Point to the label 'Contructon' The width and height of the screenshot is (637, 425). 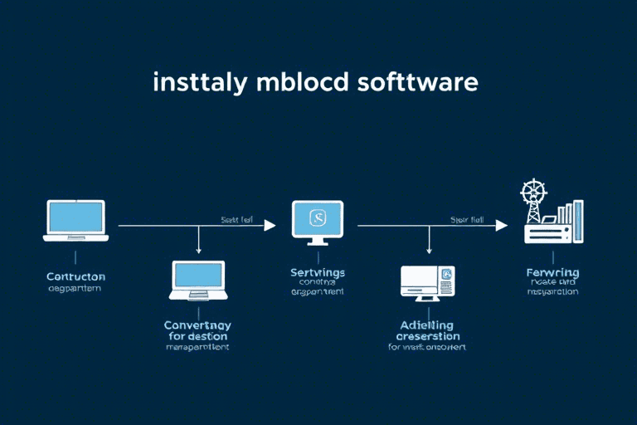click(75, 276)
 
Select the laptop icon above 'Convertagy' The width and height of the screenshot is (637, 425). click(197, 280)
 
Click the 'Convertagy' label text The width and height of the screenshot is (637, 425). click(197, 325)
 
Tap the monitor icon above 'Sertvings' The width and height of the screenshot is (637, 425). click(318, 222)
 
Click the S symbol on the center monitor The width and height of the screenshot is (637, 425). click(318, 217)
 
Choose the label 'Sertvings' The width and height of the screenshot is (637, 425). click(318, 272)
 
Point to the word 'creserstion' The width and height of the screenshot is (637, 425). click(427, 336)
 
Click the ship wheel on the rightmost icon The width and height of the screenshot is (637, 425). click(532, 192)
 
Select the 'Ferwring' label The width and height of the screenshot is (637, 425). click(552, 272)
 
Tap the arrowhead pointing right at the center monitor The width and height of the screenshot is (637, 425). click(270, 225)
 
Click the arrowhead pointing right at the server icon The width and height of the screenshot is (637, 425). click(501, 225)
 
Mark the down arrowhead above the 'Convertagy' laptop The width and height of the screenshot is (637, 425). click(198, 250)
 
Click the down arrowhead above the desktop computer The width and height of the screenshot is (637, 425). click(429, 250)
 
